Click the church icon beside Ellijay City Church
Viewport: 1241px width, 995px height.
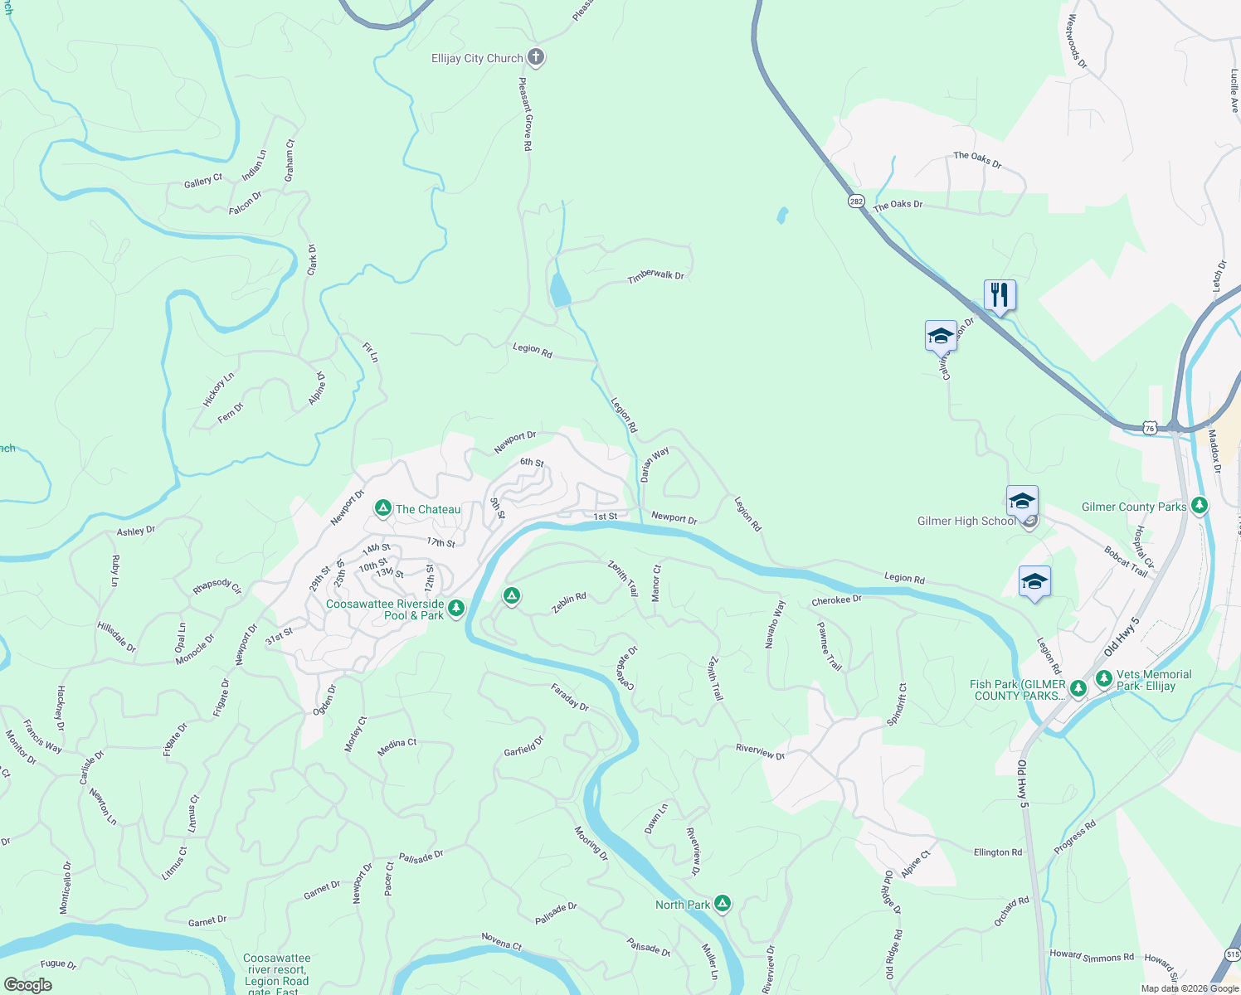pyautogui.click(x=536, y=58)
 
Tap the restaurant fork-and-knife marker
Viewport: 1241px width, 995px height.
pyautogui.click(x=1000, y=295)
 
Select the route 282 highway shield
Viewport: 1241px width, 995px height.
pyautogui.click(x=856, y=201)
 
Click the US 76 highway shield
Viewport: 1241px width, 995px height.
pyautogui.click(x=1149, y=428)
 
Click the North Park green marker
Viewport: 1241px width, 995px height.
pyautogui.click(x=723, y=904)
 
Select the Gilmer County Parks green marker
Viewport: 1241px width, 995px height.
pyautogui.click(x=1199, y=505)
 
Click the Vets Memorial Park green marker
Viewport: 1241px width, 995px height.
pyautogui.click(x=1103, y=678)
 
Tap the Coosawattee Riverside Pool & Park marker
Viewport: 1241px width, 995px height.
pyautogui.click(x=455, y=609)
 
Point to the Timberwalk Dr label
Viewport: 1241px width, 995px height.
pyautogui.click(x=655, y=275)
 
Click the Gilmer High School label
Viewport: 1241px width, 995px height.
pyautogui.click(x=966, y=522)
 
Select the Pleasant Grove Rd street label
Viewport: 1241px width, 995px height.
pyautogui.click(x=526, y=114)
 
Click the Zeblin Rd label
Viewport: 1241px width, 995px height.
pyautogui.click(x=569, y=603)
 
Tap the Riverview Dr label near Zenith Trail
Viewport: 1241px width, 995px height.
pyautogui.click(x=760, y=751)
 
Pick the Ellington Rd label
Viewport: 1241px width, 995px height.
pyautogui.click(x=998, y=852)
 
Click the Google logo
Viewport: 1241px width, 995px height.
pyautogui.click(x=28, y=985)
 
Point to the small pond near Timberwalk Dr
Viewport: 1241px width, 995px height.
pyautogui.click(x=560, y=291)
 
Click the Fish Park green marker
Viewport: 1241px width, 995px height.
pyautogui.click(x=1078, y=688)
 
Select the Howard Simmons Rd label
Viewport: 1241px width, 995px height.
pyautogui.click(x=1092, y=956)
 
